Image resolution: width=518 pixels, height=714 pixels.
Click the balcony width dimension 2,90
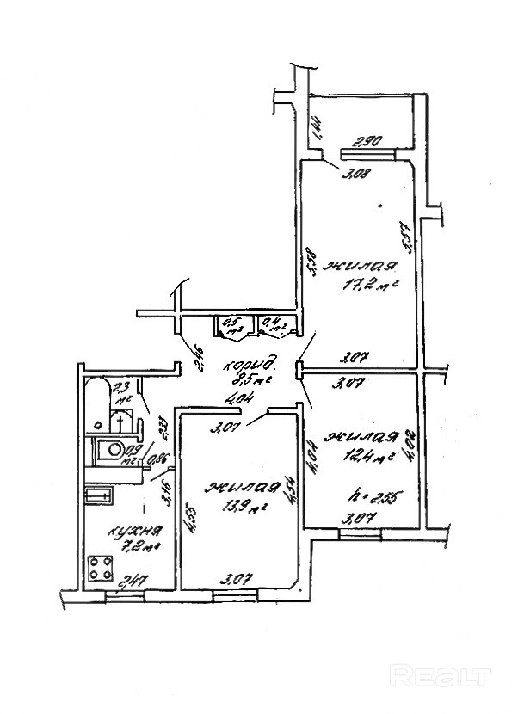click(x=372, y=142)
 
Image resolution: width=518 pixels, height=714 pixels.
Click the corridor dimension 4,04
click(x=235, y=398)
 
